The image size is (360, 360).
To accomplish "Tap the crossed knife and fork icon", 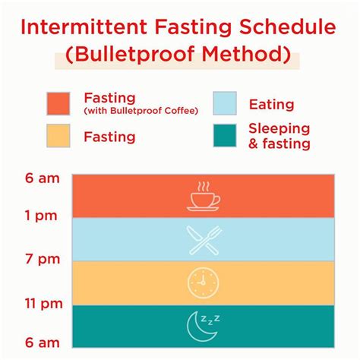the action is click(204, 240).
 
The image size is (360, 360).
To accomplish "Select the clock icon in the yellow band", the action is click(203, 283).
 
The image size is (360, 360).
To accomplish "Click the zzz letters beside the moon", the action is click(210, 320).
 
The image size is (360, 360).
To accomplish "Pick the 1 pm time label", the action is click(41, 216).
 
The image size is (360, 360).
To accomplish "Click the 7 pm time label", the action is click(43, 259).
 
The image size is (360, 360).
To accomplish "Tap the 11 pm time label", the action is click(43, 303).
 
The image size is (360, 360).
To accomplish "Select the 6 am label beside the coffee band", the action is click(43, 178).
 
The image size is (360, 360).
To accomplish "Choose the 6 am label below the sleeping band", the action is click(43, 343).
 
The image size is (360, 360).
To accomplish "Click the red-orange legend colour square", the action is click(58, 104).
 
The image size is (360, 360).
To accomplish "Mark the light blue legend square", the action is click(225, 103).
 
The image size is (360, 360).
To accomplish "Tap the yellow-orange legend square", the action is click(58, 135).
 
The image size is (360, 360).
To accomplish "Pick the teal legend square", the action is click(225, 135).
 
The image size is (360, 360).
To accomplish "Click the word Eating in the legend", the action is click(272, 105).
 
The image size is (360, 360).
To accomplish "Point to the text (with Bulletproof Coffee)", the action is click(141, 111).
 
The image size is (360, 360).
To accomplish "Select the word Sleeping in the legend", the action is click(279, 129).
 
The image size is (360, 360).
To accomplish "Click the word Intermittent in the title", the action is click(84, 27).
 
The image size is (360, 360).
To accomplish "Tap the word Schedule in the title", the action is click(288, 27).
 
